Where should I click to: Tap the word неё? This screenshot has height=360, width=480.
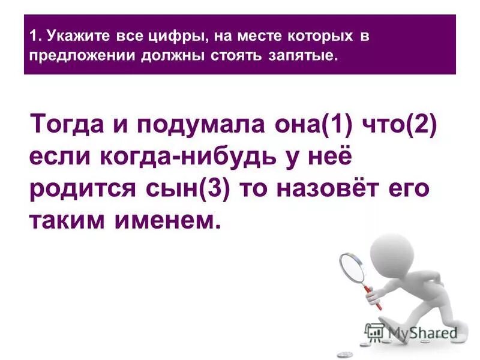[x=323, y=158]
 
